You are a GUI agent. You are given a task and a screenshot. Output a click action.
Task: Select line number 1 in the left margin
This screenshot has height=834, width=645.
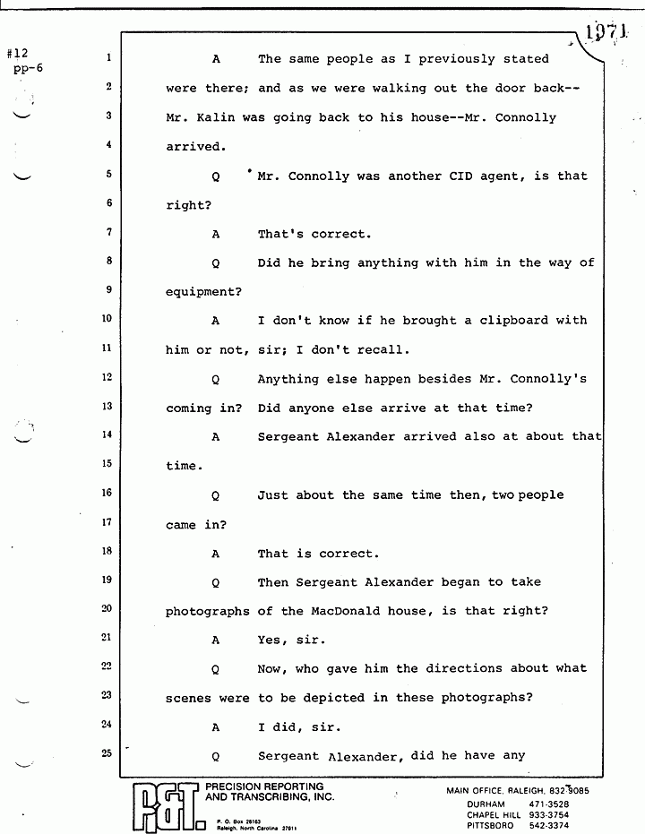107,58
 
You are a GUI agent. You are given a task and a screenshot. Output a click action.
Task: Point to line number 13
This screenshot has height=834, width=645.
107,407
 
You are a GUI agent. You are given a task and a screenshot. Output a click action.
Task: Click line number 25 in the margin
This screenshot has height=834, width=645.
107,753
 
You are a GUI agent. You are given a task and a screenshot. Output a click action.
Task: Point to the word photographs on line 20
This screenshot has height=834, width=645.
208,611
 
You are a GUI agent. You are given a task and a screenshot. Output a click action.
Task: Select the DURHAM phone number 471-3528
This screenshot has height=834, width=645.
561,804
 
